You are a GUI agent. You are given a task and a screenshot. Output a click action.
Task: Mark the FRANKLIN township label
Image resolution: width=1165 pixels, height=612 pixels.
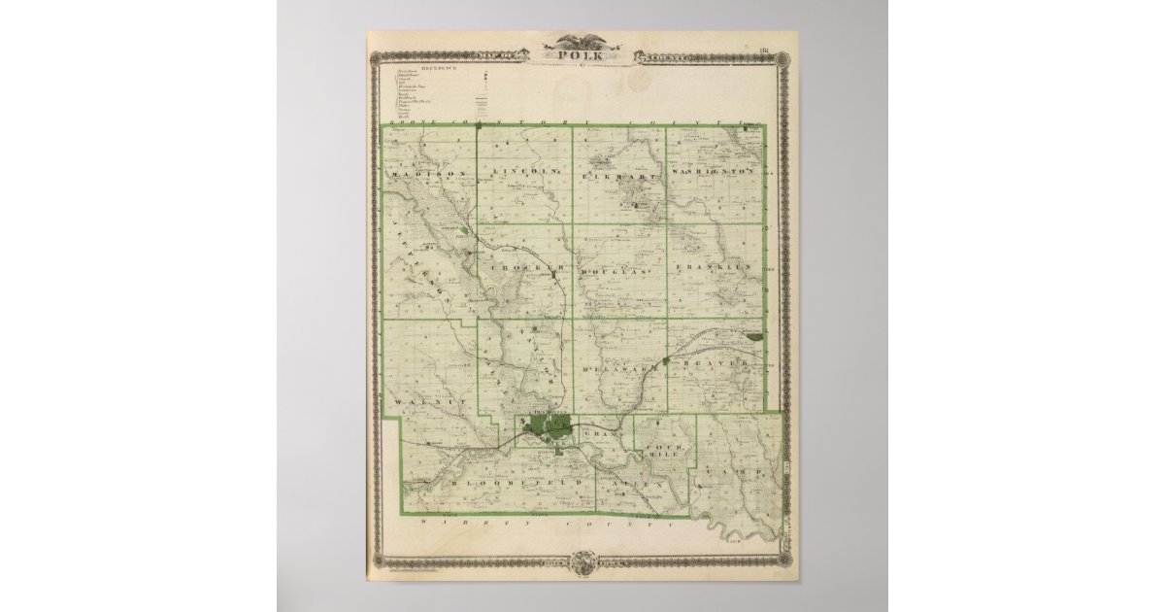point(716,265)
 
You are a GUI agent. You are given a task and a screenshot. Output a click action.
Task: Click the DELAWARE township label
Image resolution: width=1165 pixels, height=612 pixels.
point(615,369)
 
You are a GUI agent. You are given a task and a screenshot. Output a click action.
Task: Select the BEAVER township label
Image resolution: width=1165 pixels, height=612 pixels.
point(716,363)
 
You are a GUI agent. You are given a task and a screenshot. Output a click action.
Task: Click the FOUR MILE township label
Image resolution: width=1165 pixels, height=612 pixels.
point(666,449)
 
